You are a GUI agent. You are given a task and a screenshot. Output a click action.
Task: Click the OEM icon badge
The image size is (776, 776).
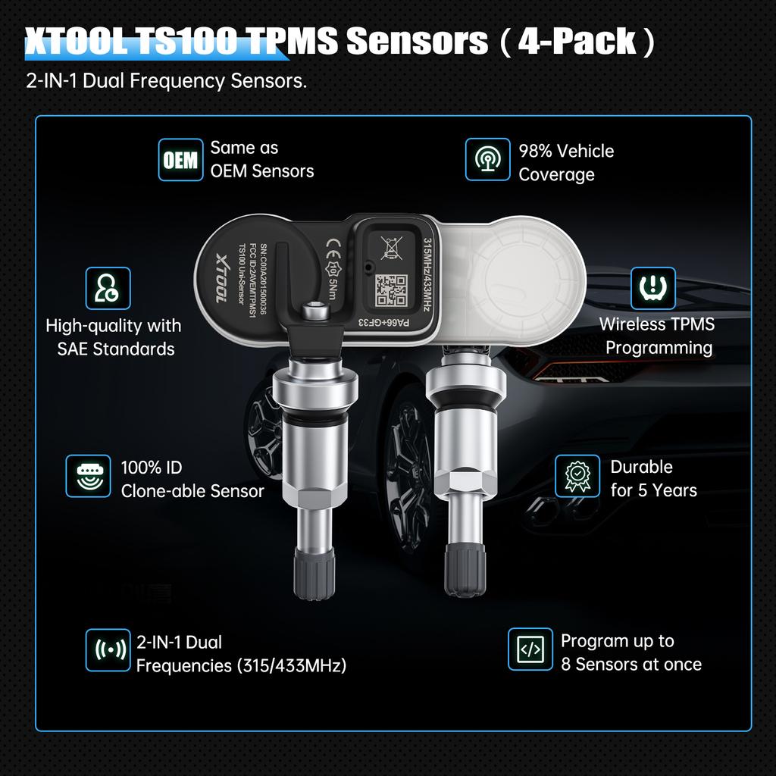[x=181, y=160]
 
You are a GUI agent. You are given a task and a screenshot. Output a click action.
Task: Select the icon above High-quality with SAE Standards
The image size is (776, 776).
[x=108, y=288]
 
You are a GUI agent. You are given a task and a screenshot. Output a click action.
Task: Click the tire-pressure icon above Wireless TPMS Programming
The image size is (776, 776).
[x=653, y=289]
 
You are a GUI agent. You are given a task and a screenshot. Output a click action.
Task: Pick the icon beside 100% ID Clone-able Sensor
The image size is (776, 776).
[x=88, y=476]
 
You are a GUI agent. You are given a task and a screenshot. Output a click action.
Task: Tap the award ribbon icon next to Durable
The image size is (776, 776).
[x=577, y=475]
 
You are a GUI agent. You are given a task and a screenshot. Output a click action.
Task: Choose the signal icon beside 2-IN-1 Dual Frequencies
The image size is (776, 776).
[x=108, y=650]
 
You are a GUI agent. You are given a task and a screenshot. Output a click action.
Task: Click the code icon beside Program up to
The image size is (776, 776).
[x=530, y=649]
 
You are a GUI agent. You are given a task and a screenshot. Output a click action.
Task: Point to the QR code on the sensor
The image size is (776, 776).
[x=392, y=289]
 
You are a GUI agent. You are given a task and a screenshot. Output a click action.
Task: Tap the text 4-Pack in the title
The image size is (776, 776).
[x=577, y=41]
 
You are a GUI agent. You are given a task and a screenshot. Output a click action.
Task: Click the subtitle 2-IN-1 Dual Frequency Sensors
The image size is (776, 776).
[x=167, y=81]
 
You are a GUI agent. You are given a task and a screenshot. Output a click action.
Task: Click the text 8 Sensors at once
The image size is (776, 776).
[x=631, y=665]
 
